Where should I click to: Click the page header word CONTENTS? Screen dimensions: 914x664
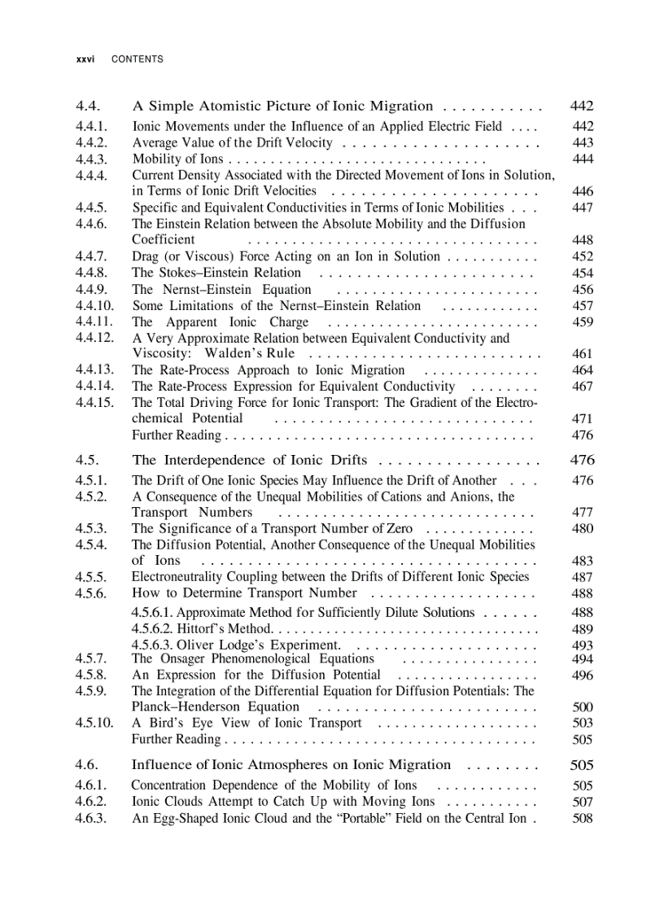(x=137, y=59)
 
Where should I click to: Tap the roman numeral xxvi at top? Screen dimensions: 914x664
(x=84, y=59)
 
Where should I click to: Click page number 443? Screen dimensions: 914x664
(x=583, y=142)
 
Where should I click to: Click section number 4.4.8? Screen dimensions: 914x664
(x=90, y=273)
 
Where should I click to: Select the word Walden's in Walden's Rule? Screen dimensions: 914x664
(x=234, y=353)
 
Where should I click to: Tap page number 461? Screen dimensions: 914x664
(x=583, y=354)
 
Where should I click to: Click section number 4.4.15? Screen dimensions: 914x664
(x=94, y=403)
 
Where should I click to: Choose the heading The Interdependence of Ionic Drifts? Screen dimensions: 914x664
(x=249, y=460)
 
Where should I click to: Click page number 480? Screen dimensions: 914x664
(x=583, y=529)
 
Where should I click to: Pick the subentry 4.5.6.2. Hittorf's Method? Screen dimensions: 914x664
(x=201, y=629)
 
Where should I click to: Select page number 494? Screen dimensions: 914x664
(x=583, y=659)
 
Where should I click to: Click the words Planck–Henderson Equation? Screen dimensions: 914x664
(x=216, y=706)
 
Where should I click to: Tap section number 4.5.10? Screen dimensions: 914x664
(x=94, y=723)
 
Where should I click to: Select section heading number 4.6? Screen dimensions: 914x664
(x=86, y=765)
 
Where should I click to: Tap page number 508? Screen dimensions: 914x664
(x=583, y=819)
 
